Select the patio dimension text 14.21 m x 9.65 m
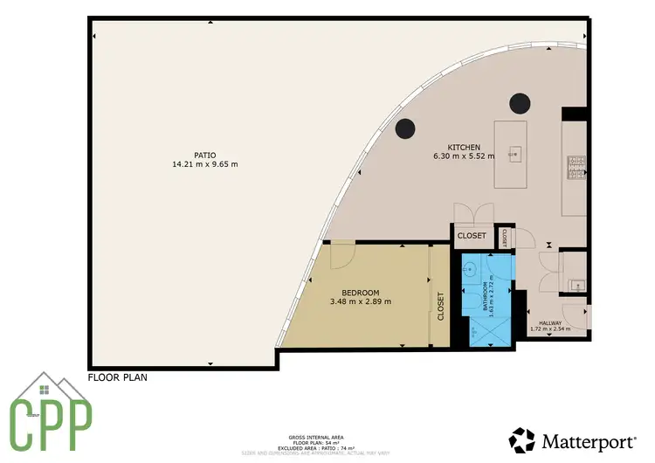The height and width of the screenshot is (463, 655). (206, 163)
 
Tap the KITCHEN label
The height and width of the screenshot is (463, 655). (463, 147)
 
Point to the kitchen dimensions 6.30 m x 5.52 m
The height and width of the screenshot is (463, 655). (464, 156)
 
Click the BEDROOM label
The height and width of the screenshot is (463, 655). (360, 292)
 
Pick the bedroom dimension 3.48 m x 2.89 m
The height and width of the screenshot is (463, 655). (360, 301)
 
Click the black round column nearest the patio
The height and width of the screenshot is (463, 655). (404, 128)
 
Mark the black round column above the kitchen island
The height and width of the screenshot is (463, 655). (521, 103)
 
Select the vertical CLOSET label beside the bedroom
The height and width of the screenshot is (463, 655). (440, 306)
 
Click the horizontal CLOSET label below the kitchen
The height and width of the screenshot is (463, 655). (472, 236)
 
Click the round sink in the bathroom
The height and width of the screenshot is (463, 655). (469, 270)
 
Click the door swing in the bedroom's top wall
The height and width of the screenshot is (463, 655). (345, 254)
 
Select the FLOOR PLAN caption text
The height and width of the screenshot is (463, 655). (118, 378)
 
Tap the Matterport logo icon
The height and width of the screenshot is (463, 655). (523, 439)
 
